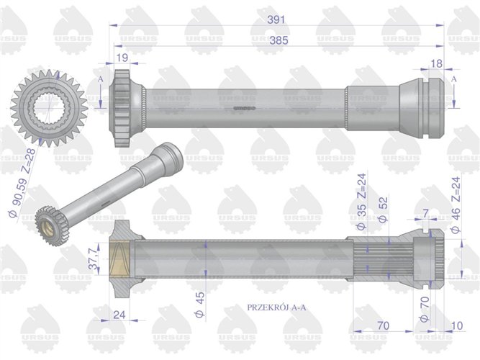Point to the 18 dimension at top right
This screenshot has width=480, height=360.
(x=436, y=64)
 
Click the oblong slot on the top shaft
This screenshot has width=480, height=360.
(x=245, y=109)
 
